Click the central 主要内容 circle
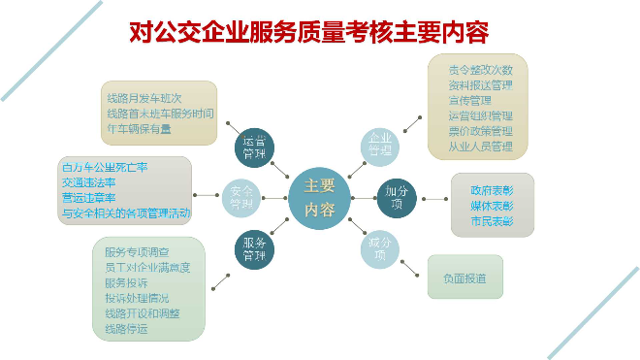tap(319, 197)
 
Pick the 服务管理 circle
tap(254, 249)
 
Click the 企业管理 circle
tap(380, 145)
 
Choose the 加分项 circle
tap(397, 197)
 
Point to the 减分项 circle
tap(380, 247)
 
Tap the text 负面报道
tap(464, 278)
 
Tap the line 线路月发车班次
tap(144, 96)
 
